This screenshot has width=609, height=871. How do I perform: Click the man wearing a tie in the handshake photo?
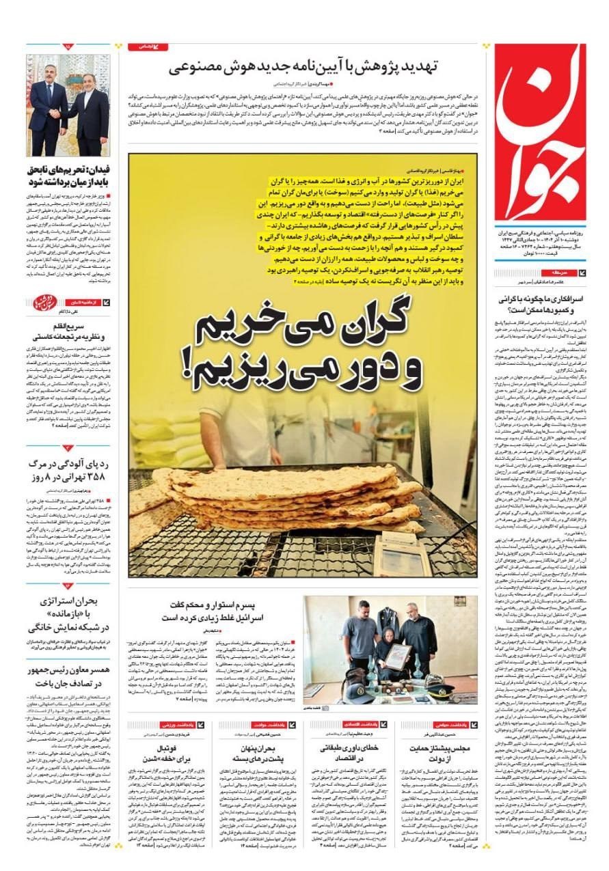tap(48, 109)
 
